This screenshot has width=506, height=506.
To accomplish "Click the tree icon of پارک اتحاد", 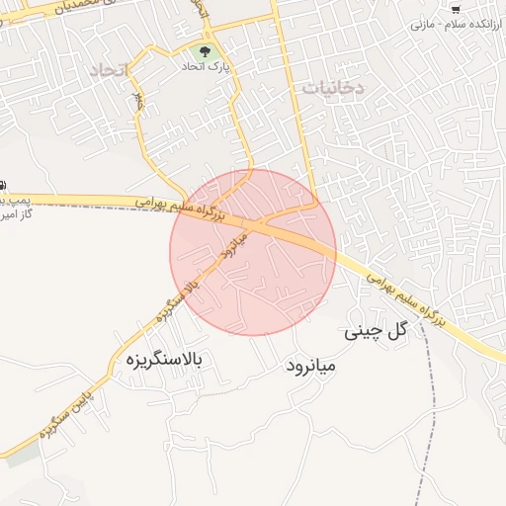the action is [204, 49].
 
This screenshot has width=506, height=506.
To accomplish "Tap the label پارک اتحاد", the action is [205, 67].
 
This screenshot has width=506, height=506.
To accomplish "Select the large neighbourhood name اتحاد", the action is [110, 71].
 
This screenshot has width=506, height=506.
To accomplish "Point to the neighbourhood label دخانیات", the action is [333, 87].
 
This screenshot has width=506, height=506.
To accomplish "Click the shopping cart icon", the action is [456, 8].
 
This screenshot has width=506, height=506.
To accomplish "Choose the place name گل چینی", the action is [376, 332].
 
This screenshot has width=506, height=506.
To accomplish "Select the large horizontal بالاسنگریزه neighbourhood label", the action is [163, 362].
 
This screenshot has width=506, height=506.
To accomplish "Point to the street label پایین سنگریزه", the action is [66, 414].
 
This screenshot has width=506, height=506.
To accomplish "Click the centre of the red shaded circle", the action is [253, 252].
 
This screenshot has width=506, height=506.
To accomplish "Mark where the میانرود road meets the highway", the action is [255, 225].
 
